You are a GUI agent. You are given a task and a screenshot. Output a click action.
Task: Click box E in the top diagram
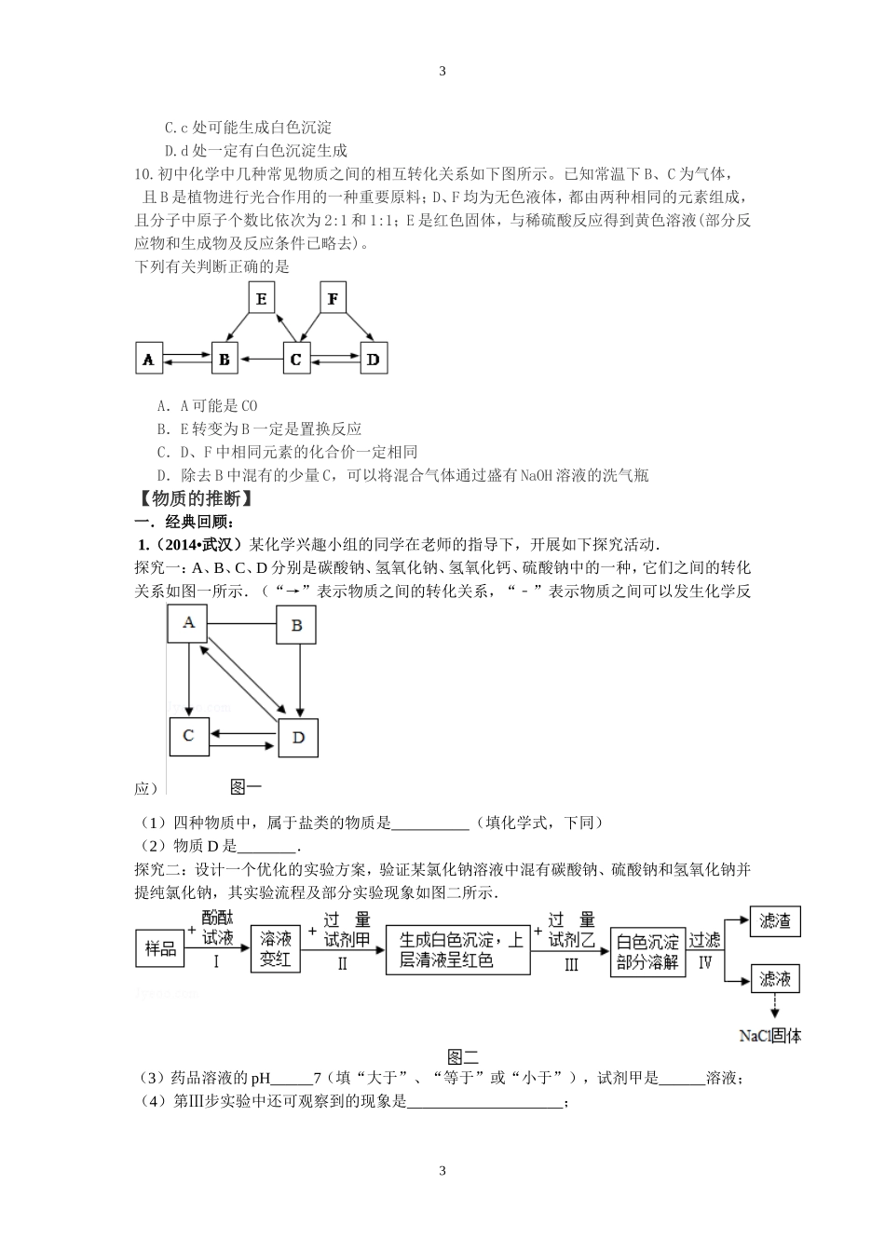262,300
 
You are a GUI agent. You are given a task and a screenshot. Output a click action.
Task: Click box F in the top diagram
333,300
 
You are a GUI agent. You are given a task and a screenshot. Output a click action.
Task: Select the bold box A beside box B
149,359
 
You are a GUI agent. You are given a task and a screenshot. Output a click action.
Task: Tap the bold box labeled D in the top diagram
373,359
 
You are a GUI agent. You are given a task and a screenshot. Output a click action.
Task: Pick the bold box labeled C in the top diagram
296,359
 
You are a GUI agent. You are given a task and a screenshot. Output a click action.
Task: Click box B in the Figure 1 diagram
297,625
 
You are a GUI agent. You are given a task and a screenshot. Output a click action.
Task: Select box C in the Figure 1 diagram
188,736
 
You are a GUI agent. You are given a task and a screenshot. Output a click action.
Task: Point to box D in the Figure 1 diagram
298,737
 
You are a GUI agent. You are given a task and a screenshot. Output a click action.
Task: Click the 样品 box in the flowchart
161,948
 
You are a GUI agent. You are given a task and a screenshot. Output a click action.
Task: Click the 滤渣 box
775,921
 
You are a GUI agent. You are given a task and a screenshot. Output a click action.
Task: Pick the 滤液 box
775,979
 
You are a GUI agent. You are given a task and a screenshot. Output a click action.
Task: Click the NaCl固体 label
770,1035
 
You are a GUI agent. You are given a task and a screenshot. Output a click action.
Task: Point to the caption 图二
463,1056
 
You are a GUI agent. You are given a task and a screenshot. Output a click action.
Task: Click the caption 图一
246,787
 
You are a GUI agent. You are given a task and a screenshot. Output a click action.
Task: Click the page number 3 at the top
442,71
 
